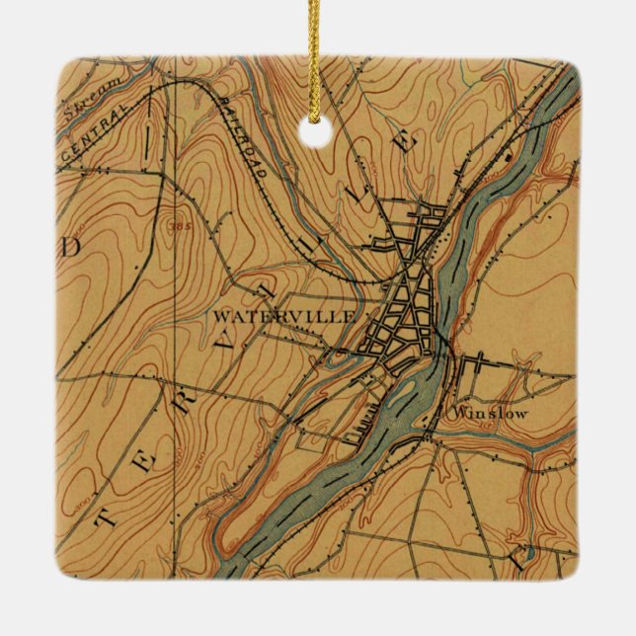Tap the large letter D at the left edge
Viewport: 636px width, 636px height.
click(69, 247)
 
